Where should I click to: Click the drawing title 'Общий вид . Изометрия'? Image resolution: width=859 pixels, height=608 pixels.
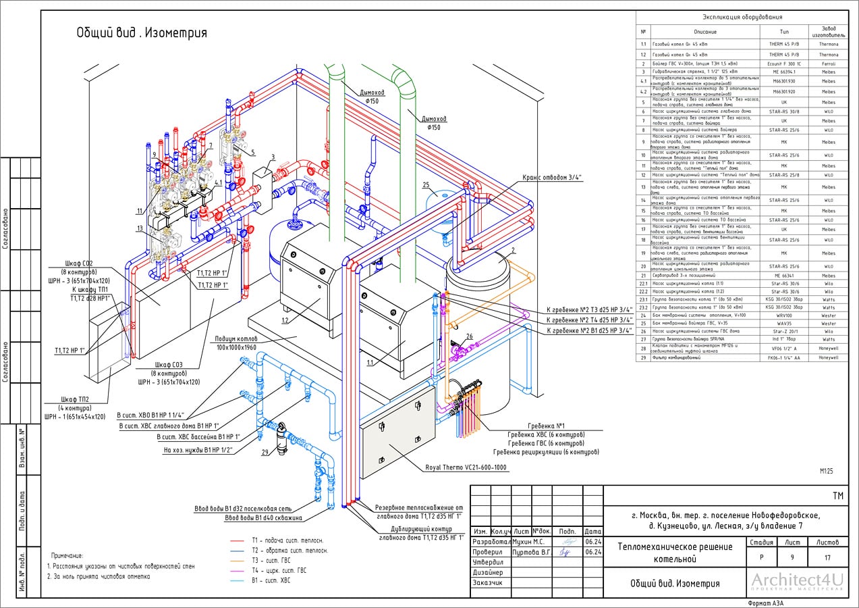pyautogui.click(x=141, y=32)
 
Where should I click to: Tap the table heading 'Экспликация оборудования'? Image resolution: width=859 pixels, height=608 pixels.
pyautogui.click(x=742, y=18)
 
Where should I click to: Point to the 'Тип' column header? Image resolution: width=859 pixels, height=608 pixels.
pyautogui.click(x=784, y=32)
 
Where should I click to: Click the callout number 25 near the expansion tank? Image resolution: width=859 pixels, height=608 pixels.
pyautogui.click(x=426, y=184)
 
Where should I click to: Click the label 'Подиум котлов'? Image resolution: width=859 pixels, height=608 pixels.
pyautogui.click(x=239, y=338)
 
